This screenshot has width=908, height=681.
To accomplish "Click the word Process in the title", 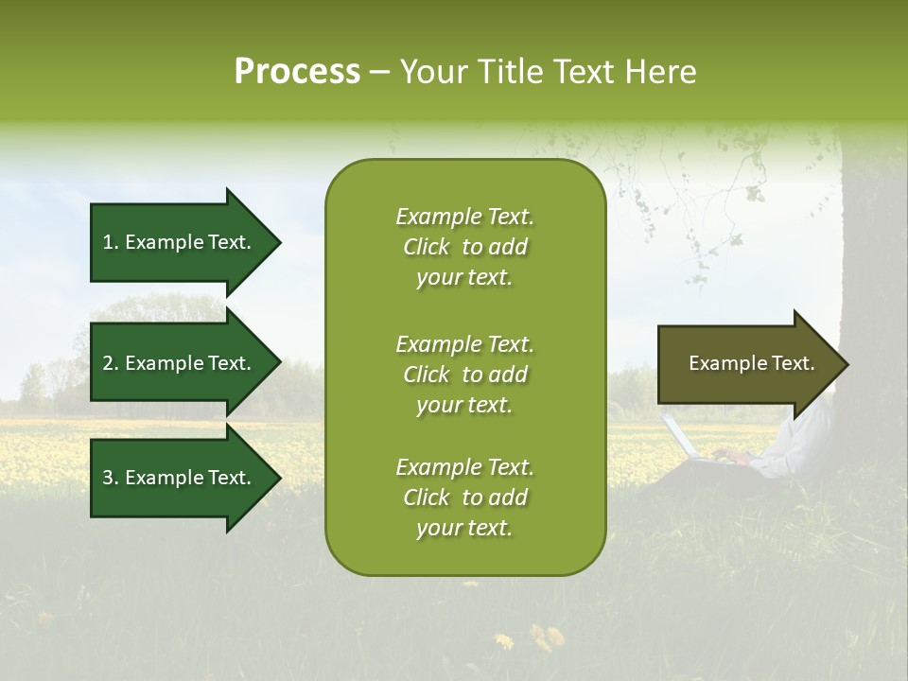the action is point(297,72).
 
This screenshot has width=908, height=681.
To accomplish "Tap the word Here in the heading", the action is point(660,71).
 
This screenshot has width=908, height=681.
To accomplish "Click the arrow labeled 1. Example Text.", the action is point(186,242).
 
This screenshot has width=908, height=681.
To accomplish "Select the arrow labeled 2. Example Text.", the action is point(186,362).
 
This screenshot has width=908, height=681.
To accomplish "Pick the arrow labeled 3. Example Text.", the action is point(186,478).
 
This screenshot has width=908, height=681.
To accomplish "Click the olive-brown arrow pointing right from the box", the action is point(754,364).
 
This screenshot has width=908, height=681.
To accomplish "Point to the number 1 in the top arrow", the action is point(108,242).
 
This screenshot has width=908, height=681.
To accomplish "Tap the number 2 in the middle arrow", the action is point(108,363).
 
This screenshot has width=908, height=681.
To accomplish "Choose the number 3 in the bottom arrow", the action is point(108,477).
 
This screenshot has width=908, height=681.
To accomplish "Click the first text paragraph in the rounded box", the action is point(465,247).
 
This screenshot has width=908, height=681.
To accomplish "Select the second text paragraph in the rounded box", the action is point(465,375).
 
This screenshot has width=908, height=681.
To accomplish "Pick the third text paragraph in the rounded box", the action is point(465,497).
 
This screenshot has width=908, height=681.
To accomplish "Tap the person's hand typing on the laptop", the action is point(732,457).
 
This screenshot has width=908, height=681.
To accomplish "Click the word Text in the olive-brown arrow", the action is point(794,363).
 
